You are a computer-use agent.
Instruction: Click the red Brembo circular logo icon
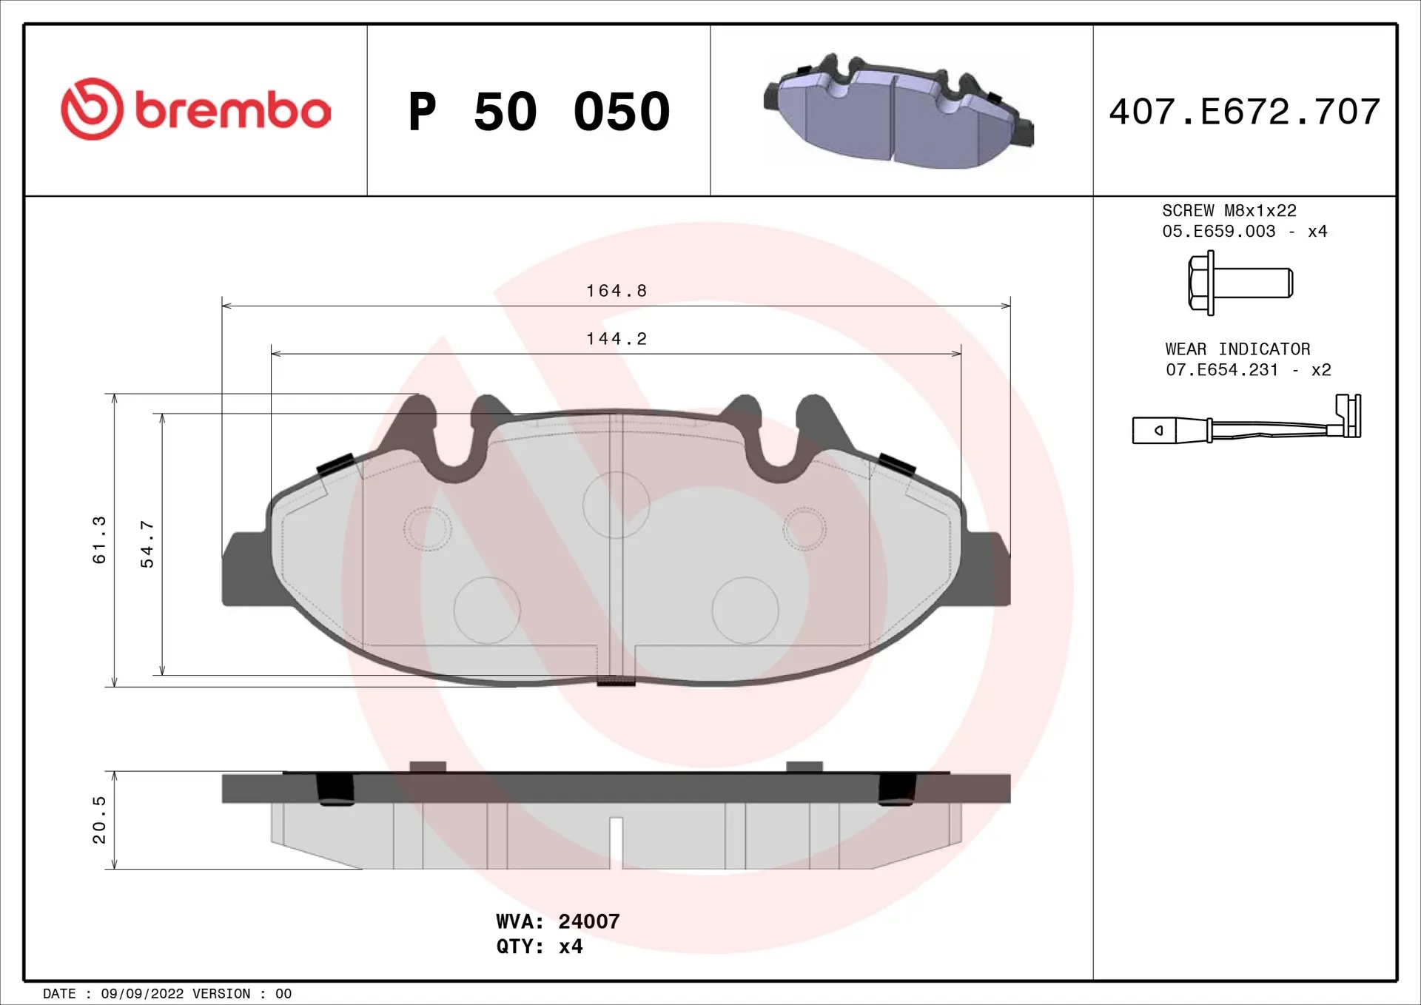(92, 109)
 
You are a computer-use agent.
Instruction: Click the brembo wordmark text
(233, 110)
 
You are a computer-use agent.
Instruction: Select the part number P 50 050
(540, 112)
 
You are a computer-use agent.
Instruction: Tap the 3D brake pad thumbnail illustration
(898, 111)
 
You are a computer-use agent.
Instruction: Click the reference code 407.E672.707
(1245, 112)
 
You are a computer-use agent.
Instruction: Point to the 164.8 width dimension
(617, 291)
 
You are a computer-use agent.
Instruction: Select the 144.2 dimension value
(617, 339)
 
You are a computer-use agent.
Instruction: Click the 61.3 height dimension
(99, 540)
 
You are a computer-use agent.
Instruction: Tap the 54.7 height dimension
(147, 544)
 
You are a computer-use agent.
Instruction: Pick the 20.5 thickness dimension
(99, 820)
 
